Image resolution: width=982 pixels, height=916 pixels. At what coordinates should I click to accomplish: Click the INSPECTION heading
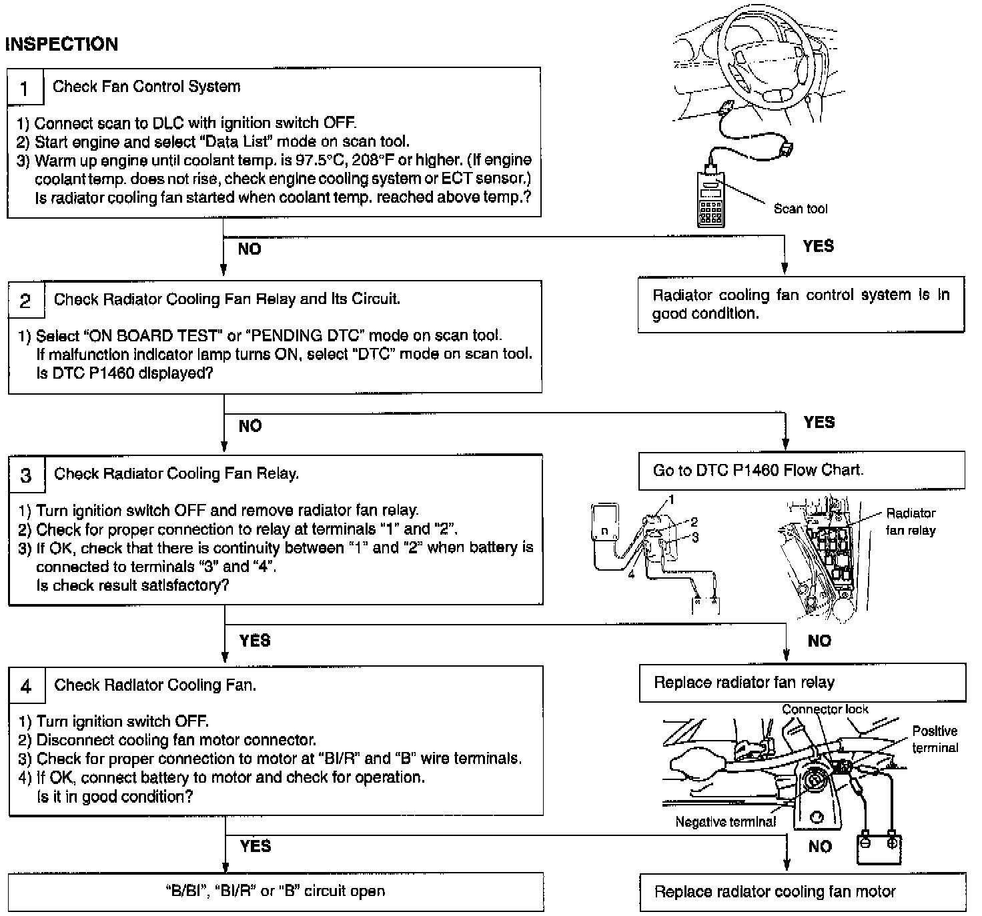(61, 44)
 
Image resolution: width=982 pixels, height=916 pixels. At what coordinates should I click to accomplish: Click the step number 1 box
(25, 87)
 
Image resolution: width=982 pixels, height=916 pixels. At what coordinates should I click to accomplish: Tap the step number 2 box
(26, 301)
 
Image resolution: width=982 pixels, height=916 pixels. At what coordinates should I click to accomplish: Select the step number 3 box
(27, 475)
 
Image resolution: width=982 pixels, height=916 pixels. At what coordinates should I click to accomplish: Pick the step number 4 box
(27, 686)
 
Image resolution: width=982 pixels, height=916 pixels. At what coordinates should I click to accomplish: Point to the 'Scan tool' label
(800, 209)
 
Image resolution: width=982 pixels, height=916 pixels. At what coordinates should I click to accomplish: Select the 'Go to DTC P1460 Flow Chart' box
(801, 471)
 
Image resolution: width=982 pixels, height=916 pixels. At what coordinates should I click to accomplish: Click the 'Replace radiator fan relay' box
(802, 683)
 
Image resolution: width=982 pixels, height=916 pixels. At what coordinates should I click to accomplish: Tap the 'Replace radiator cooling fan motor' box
(802, 892)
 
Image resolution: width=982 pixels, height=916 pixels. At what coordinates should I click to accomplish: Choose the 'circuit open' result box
(276, 892)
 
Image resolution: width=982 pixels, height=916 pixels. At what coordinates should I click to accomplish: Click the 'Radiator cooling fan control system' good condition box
(801, 305)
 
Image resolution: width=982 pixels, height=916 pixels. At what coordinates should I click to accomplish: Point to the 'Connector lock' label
(825, 709)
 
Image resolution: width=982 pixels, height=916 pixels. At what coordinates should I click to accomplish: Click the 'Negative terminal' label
(725, 822)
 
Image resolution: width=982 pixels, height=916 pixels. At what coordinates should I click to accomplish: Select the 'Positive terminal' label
(935, 739)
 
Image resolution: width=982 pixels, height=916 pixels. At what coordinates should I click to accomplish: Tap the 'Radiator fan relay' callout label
(910, 522)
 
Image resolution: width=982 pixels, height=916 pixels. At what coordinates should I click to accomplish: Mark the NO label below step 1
(250, 249)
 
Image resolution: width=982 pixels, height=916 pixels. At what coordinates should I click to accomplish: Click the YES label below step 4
(256, 847)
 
